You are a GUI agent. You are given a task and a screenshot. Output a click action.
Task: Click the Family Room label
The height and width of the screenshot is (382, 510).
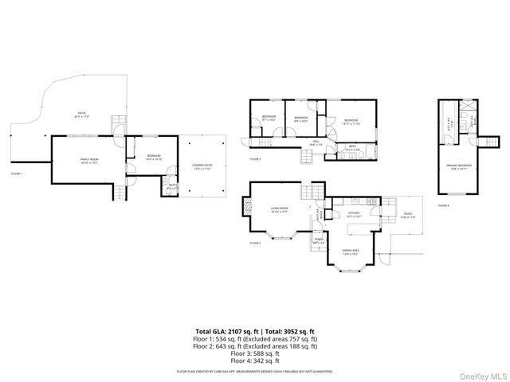[x=88, y=162]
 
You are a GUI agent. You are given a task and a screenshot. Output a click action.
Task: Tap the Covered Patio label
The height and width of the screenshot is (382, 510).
[x=202, y=167]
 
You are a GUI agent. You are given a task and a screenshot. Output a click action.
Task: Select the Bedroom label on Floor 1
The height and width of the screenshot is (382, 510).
[x=154, y=157]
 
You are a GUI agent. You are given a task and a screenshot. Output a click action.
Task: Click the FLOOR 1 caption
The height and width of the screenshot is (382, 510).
[x=17, y=173]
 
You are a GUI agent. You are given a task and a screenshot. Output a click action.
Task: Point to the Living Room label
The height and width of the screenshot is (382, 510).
[x=278, y=210]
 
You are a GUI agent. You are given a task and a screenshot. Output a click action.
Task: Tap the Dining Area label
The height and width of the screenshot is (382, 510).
[x=351, y=251]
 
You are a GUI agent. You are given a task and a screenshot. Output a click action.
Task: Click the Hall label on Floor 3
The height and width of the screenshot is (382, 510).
[x=316, y=142]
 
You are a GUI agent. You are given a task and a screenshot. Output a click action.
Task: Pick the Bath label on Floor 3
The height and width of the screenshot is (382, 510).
[x=352, y=148]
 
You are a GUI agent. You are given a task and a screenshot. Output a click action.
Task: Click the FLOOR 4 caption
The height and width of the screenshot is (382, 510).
[x=444, y=206]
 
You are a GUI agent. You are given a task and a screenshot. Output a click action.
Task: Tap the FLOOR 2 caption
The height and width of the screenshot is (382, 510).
[x=256, y=243]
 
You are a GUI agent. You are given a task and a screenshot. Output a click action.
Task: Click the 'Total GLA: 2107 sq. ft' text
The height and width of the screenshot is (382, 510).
[x=225, y=331]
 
